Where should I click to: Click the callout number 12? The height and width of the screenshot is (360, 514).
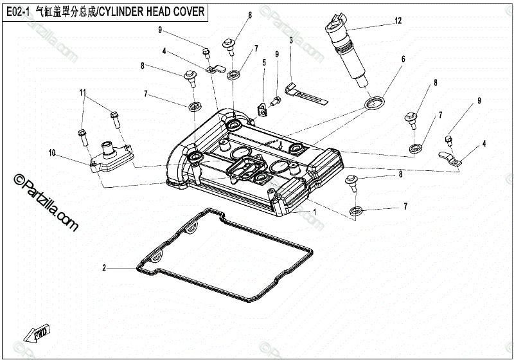pyautogui.click(x=398, y=21)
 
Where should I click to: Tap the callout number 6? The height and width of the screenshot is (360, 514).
pyautogui.click(x=403, y=59)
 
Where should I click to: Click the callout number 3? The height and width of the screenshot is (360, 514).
pyautogui.click(x=291, y=40)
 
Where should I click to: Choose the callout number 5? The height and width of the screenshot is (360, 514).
pyautogui.click(x=263, y=62)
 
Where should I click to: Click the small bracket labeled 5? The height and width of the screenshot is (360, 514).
pyautogui.click(x=262, y=110)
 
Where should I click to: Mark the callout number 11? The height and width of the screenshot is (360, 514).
pyautogui.click(x=83, y=93)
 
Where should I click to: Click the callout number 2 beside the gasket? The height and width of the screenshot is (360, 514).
pyautogui.click(x=104, y=267)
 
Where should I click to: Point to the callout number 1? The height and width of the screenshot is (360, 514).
pyautogui.click(x=314, y=212)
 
